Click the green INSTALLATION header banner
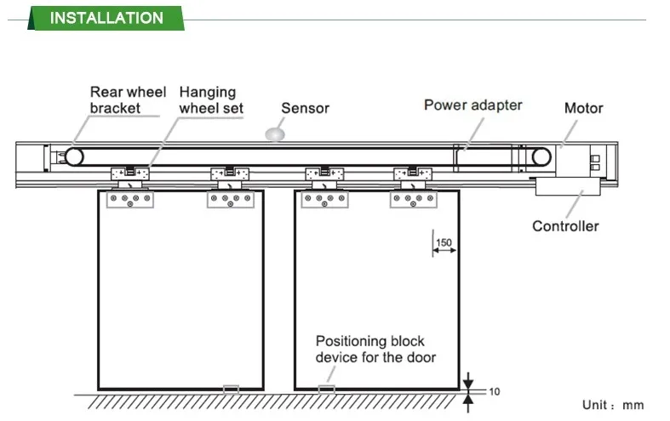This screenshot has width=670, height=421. point(106,18)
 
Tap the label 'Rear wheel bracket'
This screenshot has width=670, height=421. point(128,100)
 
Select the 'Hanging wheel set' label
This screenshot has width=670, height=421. point(210,100)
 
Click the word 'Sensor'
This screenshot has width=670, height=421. point(305,108)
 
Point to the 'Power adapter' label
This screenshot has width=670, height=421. point(472,105)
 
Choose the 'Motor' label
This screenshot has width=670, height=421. point(583,108)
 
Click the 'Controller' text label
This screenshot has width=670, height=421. point(565,226)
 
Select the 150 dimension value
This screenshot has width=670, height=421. point(444,242)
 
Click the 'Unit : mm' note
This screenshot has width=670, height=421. point(613,406)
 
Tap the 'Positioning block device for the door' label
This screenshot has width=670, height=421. point(375,349)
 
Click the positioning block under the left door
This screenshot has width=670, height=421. point(231,390)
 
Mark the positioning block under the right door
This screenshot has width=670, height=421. point(326,390)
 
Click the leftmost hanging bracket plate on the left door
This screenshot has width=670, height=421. point(130,200)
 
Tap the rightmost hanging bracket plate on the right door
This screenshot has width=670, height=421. point(414,200)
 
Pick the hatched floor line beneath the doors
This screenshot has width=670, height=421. point(272,400)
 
